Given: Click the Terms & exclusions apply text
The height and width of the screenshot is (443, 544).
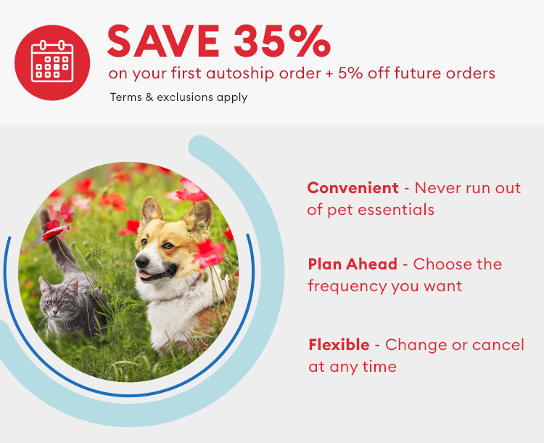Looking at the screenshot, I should pyautogui.click(x=178, y=97).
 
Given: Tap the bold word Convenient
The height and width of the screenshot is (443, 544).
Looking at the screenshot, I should pyautogui.click(x=353, y=187).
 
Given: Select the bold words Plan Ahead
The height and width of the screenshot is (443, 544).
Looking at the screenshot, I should pyautogui.click(x=353, y=264).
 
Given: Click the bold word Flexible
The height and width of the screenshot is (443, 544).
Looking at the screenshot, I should pyautogui.click(x=339, y=344).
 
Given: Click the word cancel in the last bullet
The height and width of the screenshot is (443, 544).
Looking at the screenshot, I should pyautogui.click(x=498, y=344).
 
